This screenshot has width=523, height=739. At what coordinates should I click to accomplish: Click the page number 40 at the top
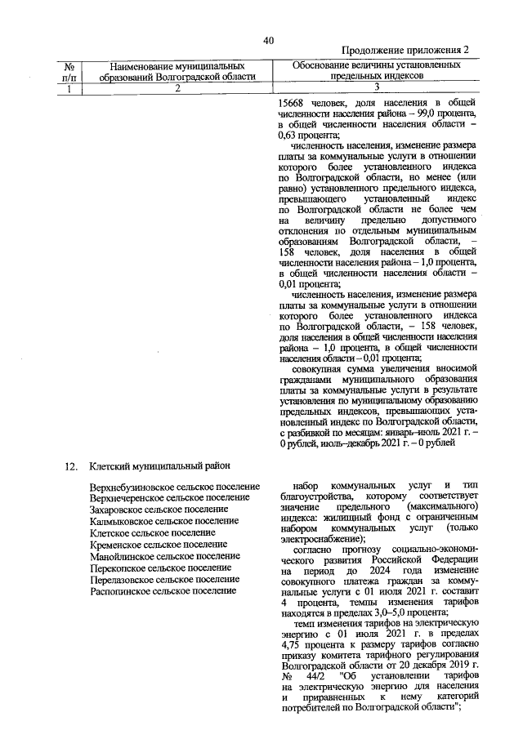[x=269, y=41]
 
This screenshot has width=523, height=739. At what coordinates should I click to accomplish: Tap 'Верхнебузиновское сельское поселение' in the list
[x=175, y=487]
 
